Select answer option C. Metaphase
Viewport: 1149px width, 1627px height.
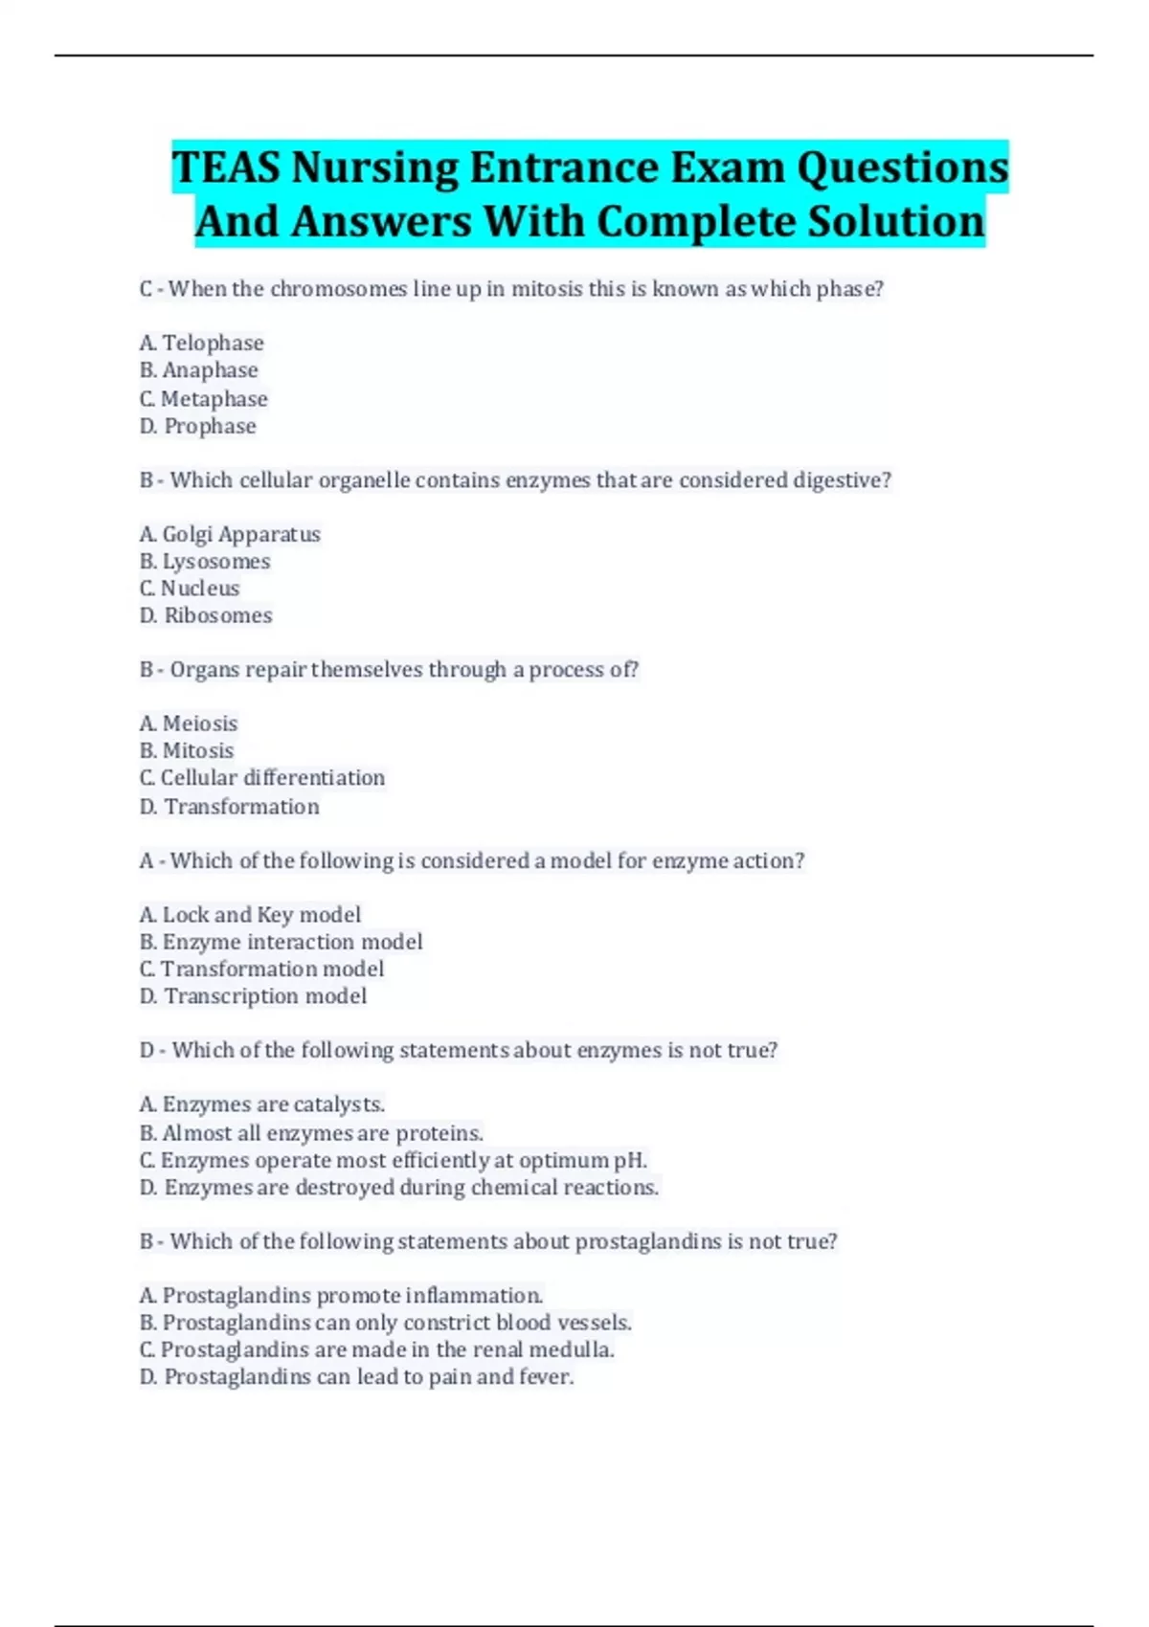tap(203, 398)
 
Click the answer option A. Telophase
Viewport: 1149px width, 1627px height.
tap(201, 343)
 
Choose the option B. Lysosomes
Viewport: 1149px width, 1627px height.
tap(205, 561)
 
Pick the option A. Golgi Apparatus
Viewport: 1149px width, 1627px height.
tap(230, 534)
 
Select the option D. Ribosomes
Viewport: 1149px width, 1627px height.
tap(206, 615)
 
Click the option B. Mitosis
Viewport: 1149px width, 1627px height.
tap(187, 750)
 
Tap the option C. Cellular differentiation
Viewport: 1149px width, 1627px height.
tap(262, 778)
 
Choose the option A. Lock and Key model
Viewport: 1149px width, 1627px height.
tap(250, 915)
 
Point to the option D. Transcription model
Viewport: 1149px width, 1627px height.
tap(253, 996)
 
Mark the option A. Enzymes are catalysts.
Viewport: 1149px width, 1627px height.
tap(262, 1104)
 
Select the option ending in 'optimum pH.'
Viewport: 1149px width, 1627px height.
tap(394, 1161)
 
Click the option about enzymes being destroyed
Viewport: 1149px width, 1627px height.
tap(399, 1188)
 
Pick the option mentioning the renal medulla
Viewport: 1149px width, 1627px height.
tap(377, 1349)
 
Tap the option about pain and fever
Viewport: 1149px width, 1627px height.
tap(356, 1377)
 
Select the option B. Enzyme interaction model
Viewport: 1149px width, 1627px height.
tap(281, 942)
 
